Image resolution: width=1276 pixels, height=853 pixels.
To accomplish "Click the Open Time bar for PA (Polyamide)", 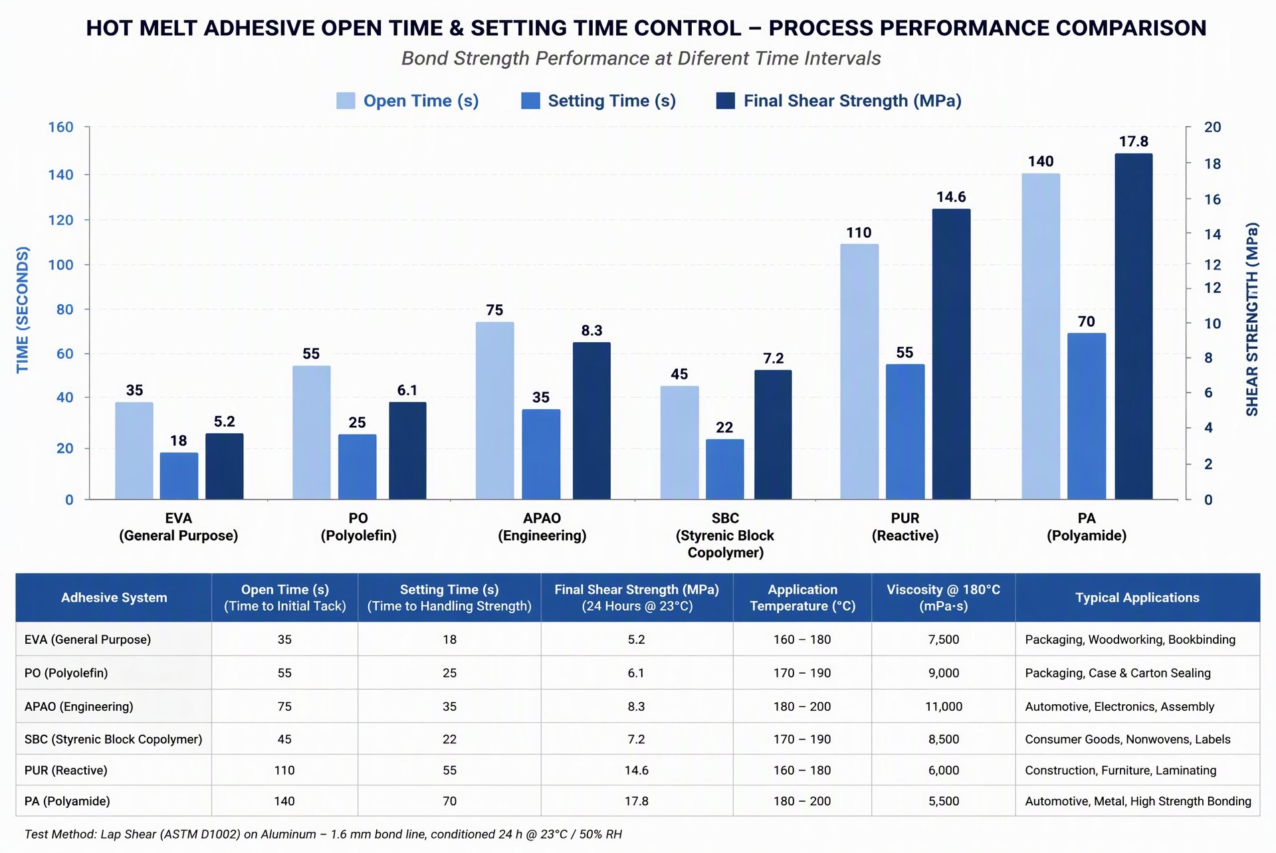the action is tap(1041, 336).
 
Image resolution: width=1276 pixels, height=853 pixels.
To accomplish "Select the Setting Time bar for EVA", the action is tap(179, 476).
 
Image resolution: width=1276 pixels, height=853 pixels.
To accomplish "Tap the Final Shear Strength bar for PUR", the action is tap(951, 354).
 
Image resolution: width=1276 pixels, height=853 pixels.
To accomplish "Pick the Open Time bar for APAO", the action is tap(495, 411).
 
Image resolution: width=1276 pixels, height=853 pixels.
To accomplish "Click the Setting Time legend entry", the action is tap(599, 101).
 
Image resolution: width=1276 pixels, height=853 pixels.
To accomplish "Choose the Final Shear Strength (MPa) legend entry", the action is tap(839, 101).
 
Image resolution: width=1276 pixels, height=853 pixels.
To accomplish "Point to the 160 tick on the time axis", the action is tap(60, 127).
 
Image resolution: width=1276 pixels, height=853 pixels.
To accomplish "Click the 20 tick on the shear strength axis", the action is tap(1213, 127).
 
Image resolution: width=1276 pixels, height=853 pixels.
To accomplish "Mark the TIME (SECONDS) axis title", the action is tap(23, 310).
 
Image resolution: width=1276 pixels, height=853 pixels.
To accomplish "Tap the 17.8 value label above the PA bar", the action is tap(1134, 142).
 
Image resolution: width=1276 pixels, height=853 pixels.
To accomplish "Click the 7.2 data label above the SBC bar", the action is tap(774, 359).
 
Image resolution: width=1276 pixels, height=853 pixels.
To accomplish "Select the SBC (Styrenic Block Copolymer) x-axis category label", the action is tap(725, 535).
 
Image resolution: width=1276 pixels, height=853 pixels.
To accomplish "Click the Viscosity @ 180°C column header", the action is tap(944, 598).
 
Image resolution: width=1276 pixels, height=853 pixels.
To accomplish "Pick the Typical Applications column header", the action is tap(1138, 598).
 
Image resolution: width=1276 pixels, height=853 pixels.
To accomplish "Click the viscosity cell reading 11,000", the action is tap(944, 707).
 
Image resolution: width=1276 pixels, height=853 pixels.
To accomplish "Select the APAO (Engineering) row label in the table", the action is tap(79, 707).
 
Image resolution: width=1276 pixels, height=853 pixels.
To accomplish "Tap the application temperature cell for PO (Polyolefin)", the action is tap(802, 673).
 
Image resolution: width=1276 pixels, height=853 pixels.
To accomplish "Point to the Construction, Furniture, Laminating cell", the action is tap(1120, 771).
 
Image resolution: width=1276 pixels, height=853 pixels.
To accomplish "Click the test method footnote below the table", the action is tap(323, 834).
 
